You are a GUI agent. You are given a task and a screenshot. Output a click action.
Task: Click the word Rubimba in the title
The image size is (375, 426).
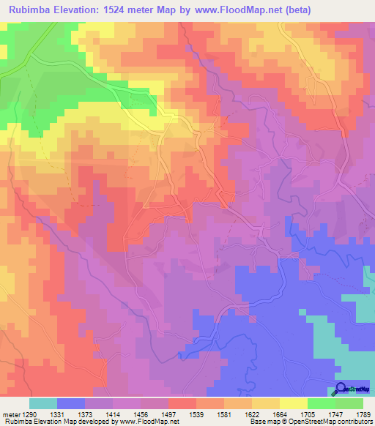tap(31, 10)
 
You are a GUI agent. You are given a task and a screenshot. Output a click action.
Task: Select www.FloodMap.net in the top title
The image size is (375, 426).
tap(243, 10)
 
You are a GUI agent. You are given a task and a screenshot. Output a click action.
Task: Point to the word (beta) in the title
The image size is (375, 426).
tap(311, 10)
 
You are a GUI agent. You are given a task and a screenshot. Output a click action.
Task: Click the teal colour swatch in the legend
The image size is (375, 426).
tap(43, 403)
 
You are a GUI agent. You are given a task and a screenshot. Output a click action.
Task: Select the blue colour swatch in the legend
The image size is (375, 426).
tap(71, 403)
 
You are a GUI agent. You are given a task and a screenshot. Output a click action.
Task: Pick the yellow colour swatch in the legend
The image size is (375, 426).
tap(293, 403)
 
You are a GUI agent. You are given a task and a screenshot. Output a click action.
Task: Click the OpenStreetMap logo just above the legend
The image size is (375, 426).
tap(352, 390)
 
